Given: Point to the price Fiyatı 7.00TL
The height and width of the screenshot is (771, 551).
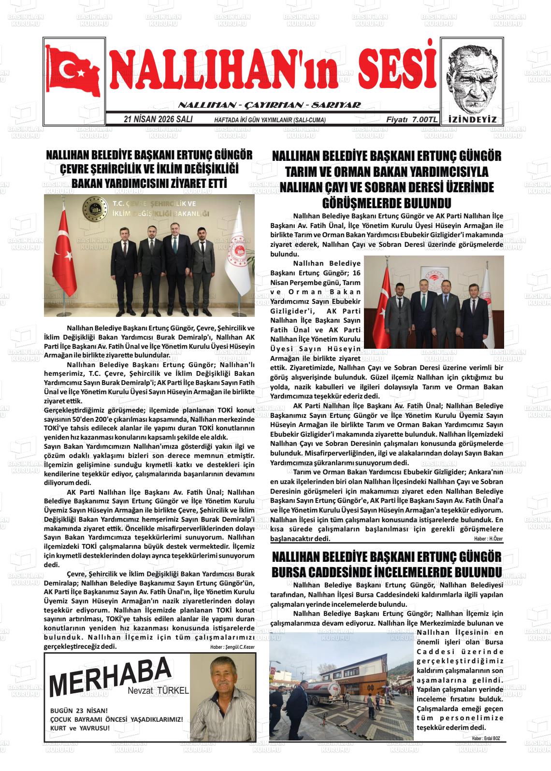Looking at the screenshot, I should pyautogui.click(x=411, y=119).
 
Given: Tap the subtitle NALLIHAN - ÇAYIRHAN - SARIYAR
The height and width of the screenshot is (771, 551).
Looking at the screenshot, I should pyautogui.click(x=269, y=105).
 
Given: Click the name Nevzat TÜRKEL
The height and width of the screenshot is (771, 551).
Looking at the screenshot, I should pyautogui.click(x=158, y=691).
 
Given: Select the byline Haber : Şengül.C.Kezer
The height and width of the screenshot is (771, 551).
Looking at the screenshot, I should pyautogui.click(x=232, y=647).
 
